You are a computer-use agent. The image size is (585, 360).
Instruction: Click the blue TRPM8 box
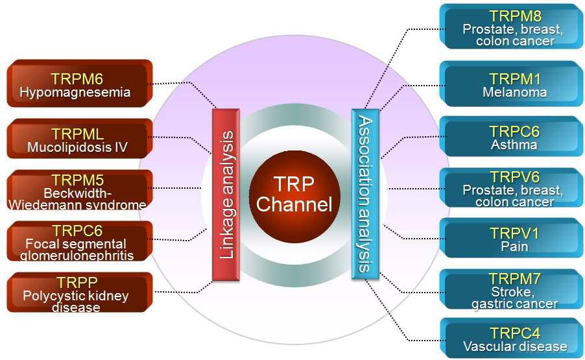pos(512,27)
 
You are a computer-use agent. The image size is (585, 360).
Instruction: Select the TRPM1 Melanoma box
pos(512,84)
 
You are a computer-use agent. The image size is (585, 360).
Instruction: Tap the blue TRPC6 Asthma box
pos(512,137)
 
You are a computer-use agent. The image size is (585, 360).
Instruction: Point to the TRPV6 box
pos(512,188)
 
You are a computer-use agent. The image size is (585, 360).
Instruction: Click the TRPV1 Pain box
pos(512,239)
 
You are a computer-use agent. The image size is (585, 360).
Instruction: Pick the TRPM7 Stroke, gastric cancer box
pos(512,290)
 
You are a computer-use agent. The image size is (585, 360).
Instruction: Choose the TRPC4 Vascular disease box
pos(512,338)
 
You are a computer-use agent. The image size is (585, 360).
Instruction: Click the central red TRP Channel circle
pos(294,195)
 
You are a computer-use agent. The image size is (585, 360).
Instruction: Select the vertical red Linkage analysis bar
pos(226,195)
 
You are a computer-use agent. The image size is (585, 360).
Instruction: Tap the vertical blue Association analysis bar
pos(364,195)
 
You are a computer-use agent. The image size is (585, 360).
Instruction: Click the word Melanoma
pos(514,92)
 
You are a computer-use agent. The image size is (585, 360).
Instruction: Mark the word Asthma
pos(514,145)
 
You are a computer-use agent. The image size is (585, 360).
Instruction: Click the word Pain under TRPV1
pos(514,246)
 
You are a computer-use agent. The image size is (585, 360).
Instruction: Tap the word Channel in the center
pos(294,205)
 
